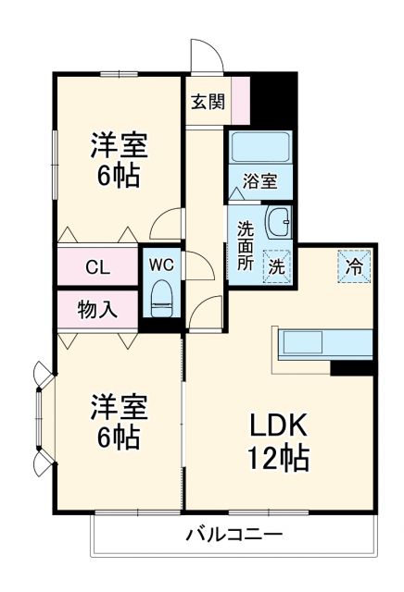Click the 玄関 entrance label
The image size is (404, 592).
(208, 102)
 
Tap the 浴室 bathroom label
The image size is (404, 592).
(260, 181)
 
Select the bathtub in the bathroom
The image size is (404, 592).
(260, 148)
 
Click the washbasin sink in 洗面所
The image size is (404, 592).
(278, 222)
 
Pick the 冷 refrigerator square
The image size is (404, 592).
(354, 266)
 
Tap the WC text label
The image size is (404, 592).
(162, 265)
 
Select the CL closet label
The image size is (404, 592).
(98, 268)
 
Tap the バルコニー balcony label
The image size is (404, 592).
(234, 534)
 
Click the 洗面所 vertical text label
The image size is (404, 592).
(246, 244)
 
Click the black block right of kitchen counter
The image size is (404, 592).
(352, 368)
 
